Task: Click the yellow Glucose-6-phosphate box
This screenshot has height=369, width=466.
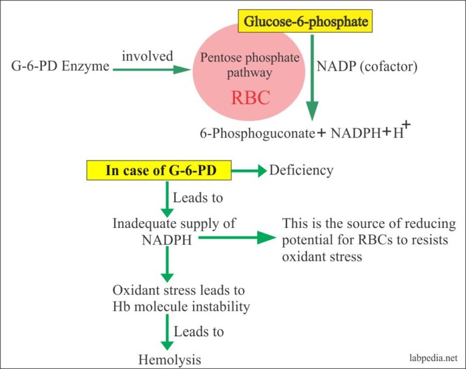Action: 306,23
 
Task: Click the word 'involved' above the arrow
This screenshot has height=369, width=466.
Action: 147,56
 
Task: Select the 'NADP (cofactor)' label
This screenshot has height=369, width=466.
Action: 367,66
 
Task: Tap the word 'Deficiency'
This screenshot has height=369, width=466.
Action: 301,170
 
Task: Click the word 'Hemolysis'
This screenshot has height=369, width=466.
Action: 169,359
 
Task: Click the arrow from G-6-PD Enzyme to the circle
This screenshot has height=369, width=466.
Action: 152,69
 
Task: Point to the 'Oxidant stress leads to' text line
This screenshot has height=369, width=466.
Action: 178,290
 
